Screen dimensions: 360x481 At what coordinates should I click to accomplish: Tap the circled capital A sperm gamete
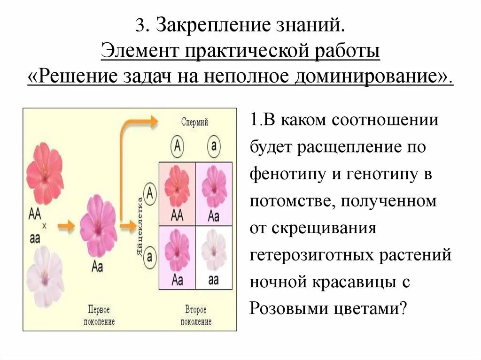click(177, 146)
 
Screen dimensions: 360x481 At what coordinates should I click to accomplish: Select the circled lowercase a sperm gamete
click(214, 146)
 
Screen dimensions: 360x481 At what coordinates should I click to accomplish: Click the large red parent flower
click(45, 169)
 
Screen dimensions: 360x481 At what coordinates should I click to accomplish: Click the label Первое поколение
click(99, 315)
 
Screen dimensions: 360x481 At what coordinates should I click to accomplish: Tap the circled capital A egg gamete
click(149, 192)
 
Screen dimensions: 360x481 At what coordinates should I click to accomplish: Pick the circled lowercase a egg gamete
click(149, 256)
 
